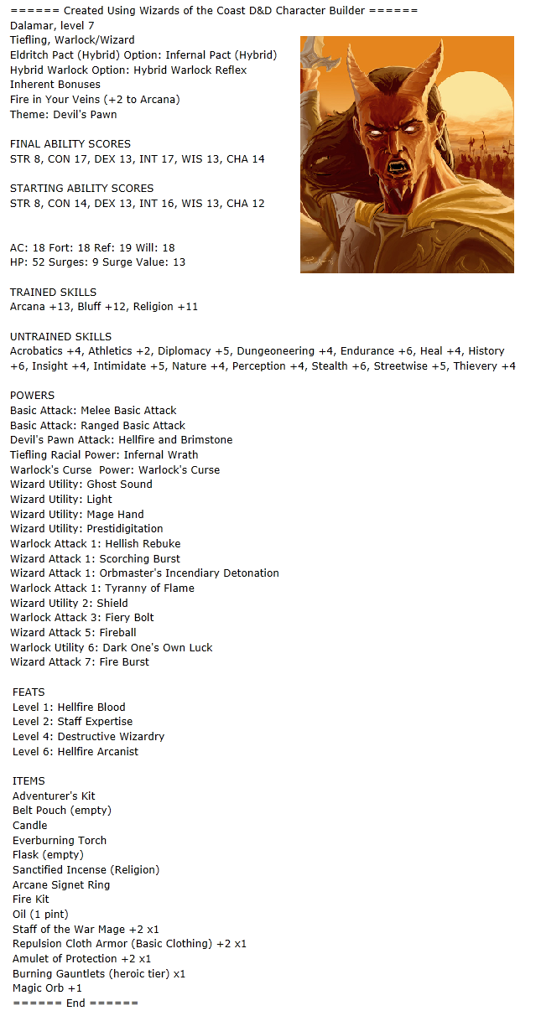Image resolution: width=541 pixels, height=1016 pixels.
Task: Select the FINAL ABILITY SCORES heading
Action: [x=70, y=144]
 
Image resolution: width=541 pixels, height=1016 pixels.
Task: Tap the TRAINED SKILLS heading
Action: [x=53, y=292]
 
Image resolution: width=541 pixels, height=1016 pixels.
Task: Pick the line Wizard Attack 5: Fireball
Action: [x=73, y=632]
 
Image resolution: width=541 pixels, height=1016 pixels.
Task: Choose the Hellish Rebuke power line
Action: [x=95, y=543]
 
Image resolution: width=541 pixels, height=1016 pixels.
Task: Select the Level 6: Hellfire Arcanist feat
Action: [x=75, y=751]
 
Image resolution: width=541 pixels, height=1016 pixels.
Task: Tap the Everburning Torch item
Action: [x=60, y=840]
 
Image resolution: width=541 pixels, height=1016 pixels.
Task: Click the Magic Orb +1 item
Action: [x=47, y=988]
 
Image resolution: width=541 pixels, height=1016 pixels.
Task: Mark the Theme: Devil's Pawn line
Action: [x=63, y=114]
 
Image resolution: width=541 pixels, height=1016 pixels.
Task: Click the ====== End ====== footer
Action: [x=75, y=1003]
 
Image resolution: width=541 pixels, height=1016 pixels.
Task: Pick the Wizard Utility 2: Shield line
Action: [x=69, y=603]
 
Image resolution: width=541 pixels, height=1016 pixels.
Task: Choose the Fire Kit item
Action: [x=31, y=899]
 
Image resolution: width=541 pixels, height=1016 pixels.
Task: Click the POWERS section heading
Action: [x=32, y=395]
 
